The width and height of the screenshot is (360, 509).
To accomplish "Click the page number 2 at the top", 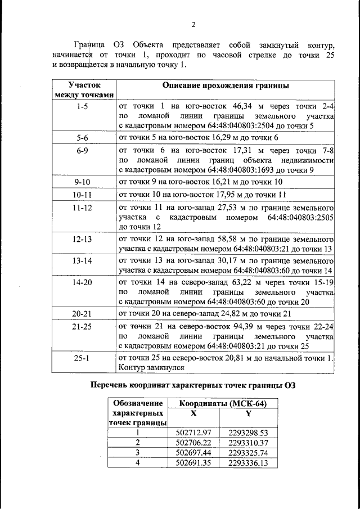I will (x=193, y=25).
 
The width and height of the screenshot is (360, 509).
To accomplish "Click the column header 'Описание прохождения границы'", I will (x=226, y=86).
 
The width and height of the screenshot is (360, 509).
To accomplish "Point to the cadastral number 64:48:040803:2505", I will (x=301, y=217).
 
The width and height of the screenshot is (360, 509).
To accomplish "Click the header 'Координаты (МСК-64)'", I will (x=222, y=404).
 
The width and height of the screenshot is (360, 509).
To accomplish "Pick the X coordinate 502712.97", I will (x=193, y=433).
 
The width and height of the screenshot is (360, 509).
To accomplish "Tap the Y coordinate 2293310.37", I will (x=248, y=442).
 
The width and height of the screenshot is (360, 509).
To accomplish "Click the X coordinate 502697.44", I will (x=193, y=452).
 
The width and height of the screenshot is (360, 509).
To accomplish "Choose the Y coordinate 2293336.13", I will (x=248, y=462).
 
